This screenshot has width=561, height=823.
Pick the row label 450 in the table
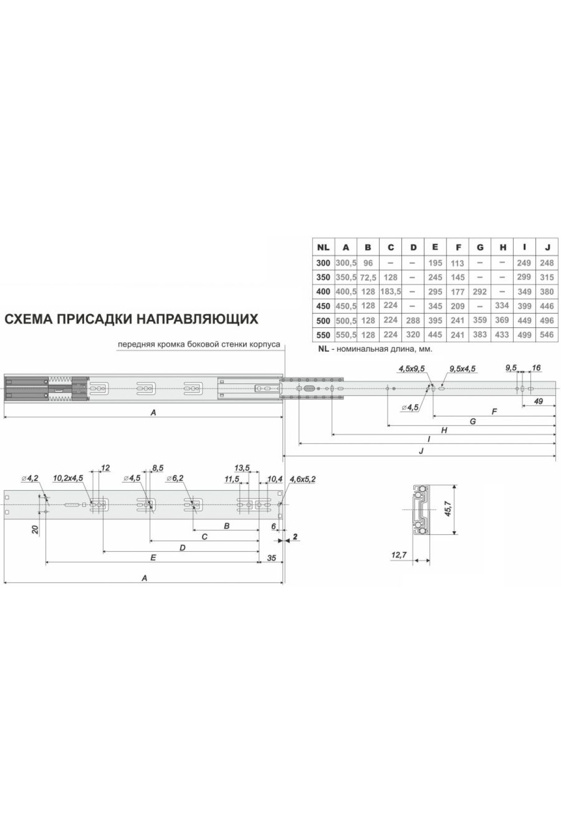click(323, 306)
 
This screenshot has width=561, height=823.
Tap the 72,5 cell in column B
click(368, 277)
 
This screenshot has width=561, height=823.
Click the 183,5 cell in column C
click(391, 291)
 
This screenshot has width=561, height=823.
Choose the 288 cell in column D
click(413, 320)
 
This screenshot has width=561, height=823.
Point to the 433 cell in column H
click(502, 335)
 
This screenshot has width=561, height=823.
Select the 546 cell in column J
click(547, 335)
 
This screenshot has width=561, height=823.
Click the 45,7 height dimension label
click(447, 508)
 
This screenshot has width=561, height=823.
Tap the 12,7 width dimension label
click(399, 555)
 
